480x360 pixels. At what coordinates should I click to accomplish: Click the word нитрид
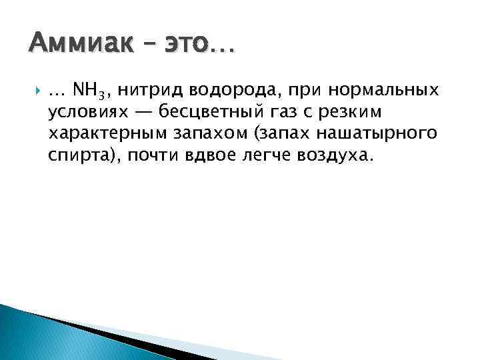click(x=149, y=90)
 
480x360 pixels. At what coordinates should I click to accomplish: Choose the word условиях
click(x=87, y=113)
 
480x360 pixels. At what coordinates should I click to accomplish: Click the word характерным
click(x=105, y=134)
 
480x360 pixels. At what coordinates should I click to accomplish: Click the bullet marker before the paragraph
click(x=35, y=90)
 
